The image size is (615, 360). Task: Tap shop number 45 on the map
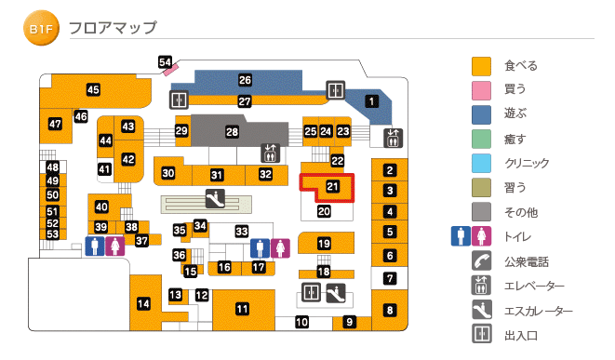[x=93, y=90]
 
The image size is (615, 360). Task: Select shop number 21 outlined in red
[x=333, y=186]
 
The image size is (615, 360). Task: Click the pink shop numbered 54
[x=166, y=63]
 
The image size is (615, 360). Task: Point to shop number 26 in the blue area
[x=245, y=81]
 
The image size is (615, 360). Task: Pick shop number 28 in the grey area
[x=232, y=133]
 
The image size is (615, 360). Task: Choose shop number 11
[x=242, y=309]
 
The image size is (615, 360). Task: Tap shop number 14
[x=143, y=303]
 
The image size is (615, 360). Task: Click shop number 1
[x=372, y=101]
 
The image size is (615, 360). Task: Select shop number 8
[x=391, y=310]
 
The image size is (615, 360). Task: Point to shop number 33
[x=242, y=231]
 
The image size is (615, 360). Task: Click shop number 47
[x=55, y=124]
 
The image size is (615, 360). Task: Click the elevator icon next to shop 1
[x=392, y=137]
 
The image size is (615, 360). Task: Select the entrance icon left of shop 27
[x=179, y=100]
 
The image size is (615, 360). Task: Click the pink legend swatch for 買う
[x=481, y=90]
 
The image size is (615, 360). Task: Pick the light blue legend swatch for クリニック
[x=481, y=163]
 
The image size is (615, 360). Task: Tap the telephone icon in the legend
[x=481, y=262]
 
